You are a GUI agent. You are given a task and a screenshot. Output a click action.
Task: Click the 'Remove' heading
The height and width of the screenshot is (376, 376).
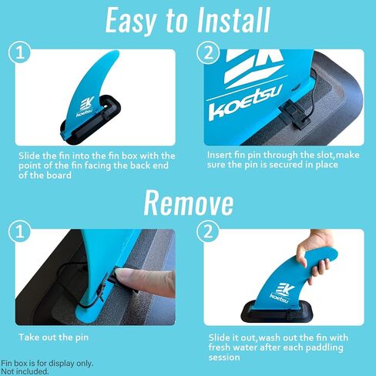pos(188,202)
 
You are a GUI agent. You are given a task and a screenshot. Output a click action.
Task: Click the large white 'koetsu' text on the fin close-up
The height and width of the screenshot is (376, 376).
pos(246,106)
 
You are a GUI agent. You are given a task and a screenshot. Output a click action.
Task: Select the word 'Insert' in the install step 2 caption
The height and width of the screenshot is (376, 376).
pos(220,155)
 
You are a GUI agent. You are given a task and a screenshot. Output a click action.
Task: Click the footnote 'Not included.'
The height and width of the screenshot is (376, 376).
pos(25,371)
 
